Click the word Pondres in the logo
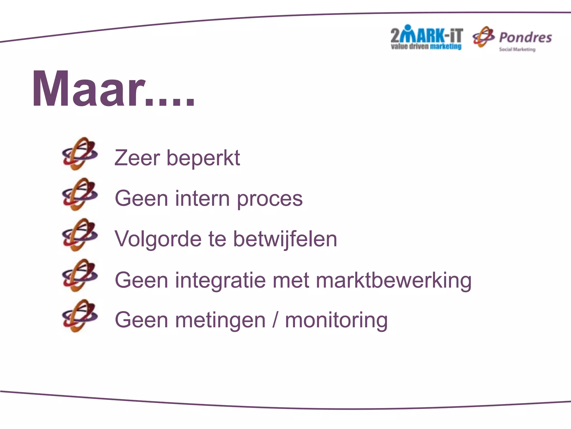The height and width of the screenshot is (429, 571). click(525, 37)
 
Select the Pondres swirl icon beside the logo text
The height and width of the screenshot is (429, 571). click(483, 37)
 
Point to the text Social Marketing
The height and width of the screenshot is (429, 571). click(517, 49)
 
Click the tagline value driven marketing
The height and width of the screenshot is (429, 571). click(426, 46)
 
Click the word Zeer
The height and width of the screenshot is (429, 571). click(137, 158)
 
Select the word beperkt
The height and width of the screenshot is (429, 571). click(203, 158)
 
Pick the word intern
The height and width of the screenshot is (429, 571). click(202, 198)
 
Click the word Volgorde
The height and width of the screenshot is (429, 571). click(158, 239)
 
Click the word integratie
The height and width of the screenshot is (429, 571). click(220, 280)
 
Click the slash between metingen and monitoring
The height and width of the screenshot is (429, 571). click(275, 320)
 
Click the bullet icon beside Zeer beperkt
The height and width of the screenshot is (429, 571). click(80, 154)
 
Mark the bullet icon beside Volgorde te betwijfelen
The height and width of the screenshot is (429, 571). click(80, 235)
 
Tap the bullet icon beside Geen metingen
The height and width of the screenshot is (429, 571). click(80, 316)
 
